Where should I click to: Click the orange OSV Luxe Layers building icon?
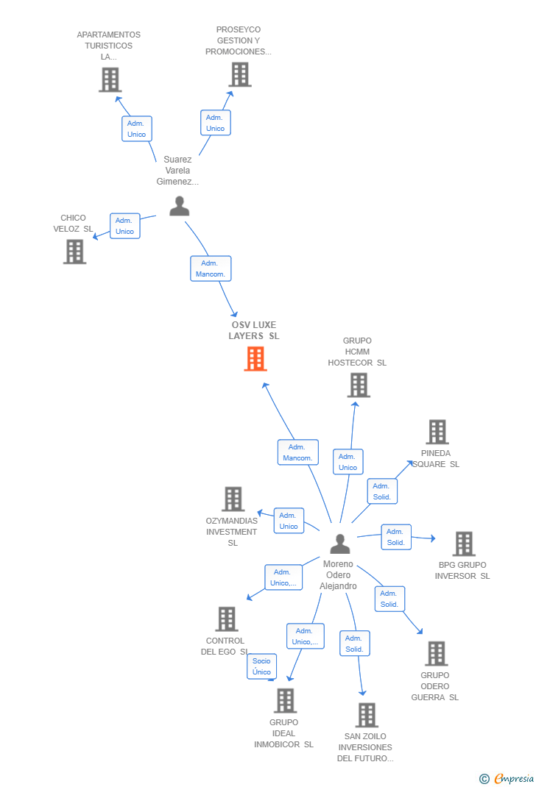[255, 359]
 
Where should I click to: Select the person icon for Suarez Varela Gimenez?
[180, 206]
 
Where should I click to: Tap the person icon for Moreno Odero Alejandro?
[339, 544]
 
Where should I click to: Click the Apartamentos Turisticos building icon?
[110, 79]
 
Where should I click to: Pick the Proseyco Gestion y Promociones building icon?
[240, 74]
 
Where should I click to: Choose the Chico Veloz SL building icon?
[74, 252]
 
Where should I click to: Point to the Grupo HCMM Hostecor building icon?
[358, 385]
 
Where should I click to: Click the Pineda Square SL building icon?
[437, 432]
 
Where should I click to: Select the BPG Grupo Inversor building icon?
[463, 544]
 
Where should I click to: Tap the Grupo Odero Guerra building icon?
[436, 653]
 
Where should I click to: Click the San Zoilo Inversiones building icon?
[366, 714]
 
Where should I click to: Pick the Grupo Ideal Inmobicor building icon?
[285, 700]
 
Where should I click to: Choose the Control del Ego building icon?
[227, 619]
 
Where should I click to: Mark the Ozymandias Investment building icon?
[233, 499]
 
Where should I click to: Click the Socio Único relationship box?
[262, 666]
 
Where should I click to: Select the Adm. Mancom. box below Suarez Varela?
[211, 268]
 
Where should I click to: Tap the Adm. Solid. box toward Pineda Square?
[382, 491]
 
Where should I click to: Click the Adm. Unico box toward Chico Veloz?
[124, 226]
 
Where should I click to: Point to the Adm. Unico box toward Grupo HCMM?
[348, 462]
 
